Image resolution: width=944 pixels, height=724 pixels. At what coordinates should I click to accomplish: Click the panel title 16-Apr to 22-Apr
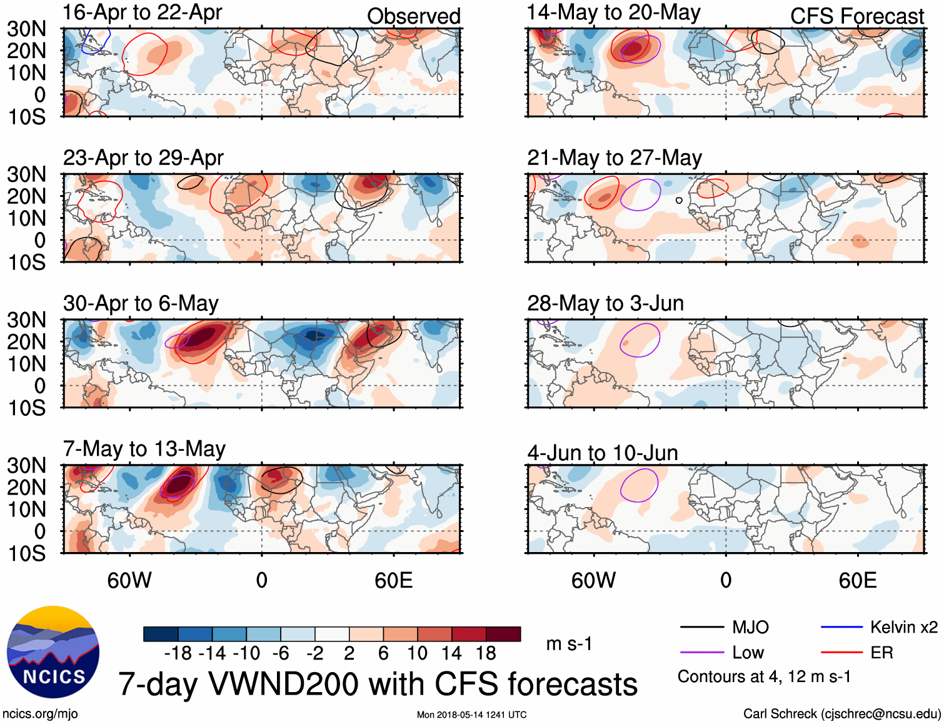[143, 13]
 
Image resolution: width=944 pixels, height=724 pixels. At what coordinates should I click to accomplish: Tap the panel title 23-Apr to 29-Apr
[143, 158]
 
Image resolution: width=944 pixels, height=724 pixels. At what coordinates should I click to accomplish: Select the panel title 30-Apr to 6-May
[141, 304]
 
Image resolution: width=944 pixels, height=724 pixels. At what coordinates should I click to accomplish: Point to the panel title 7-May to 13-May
[144, 449]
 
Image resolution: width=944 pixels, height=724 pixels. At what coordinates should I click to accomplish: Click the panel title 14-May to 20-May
[614, 13]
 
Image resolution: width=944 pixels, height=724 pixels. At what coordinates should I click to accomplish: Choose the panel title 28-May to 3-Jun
[605, 304]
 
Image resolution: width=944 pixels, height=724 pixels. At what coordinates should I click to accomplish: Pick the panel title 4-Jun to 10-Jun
[603, 453]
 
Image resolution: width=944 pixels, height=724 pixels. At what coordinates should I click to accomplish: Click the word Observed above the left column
[414, 16]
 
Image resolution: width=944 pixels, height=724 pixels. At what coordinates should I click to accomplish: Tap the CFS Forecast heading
[857, 16]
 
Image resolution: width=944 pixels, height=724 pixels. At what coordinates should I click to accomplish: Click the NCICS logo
[53, 652]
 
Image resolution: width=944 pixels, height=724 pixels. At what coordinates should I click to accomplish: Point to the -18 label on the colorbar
[178, 653]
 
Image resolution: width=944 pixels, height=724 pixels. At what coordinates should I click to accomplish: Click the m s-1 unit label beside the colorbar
[569, 644]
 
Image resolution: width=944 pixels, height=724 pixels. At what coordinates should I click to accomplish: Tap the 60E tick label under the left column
[394, 581]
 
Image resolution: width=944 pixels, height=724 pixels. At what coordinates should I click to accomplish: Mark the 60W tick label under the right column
[593, 581]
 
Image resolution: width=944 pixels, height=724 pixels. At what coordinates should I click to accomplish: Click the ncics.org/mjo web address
[40, 714]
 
